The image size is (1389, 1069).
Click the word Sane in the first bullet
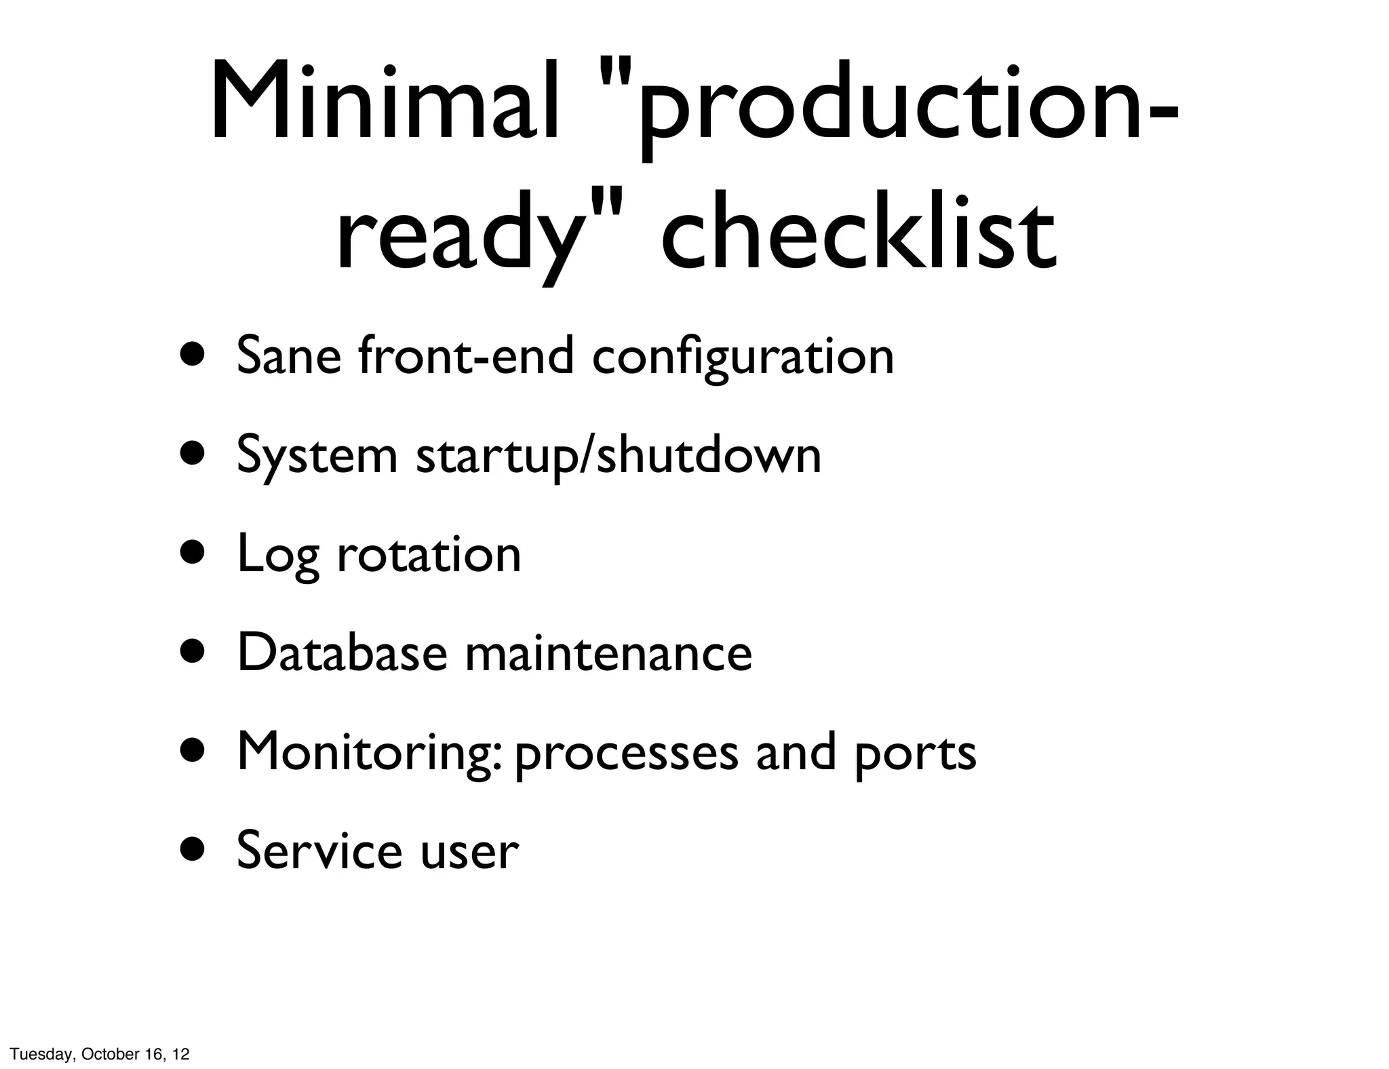point(289,355)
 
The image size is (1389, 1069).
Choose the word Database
point(343,653)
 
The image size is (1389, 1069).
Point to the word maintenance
point(608,653)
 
